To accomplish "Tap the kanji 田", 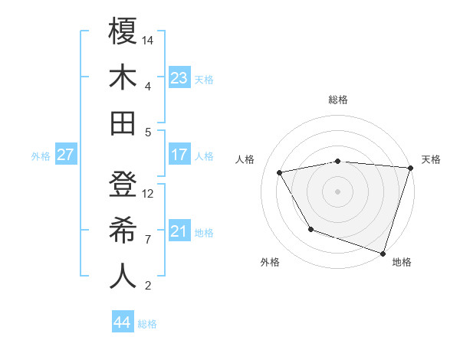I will coord(123,123).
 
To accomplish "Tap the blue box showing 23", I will coord(179,77).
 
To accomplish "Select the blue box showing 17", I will coord(179,155).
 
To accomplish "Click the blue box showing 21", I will coord(179,231).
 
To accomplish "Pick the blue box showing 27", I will coord(66,155).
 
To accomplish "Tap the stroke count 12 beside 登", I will coord(149,193).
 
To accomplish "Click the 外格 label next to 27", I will coord(41,155).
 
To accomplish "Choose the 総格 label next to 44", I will coord(148,324).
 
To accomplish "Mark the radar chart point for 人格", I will coord(280,173).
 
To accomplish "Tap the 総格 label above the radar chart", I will coord(338,100).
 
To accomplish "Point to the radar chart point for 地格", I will coord(383,252).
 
